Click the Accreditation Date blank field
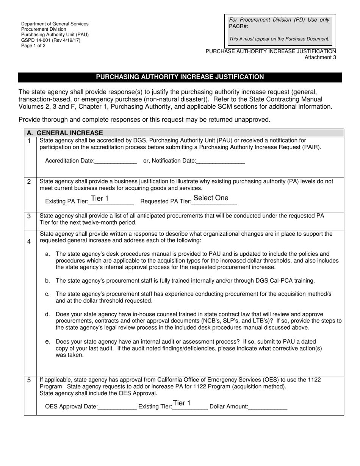pos(116,161)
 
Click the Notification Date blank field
pos(221,161)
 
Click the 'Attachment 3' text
pos(320,57)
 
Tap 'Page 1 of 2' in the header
pos(33,45)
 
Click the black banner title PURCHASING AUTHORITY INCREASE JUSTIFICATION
pos(180,77)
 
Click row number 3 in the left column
pos(29,216)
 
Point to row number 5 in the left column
pos(29,380)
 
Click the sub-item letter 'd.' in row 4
pos(47,314)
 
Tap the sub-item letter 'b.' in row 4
pos(47,281)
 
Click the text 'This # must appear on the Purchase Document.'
pos(279,39)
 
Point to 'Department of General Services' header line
pos(55,24)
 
